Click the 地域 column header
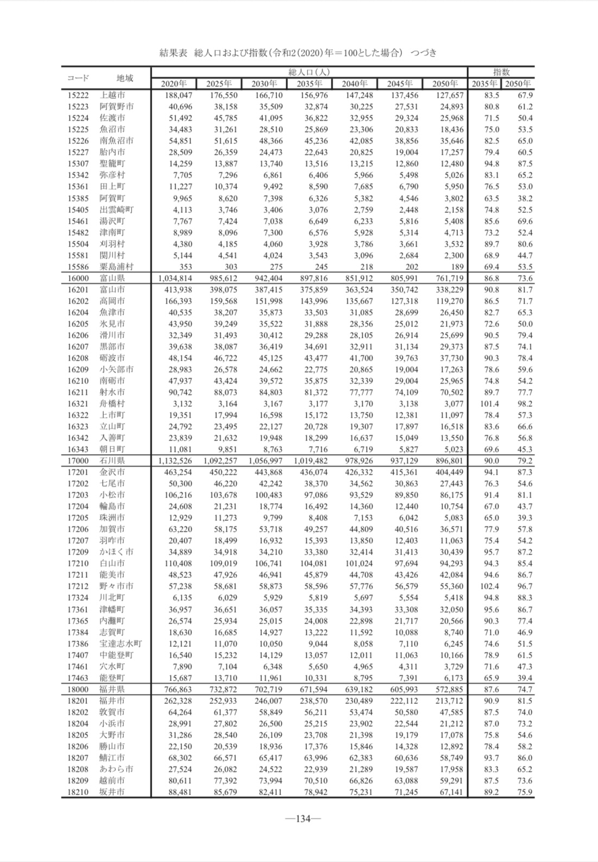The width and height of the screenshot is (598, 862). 124,78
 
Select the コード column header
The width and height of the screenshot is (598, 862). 78,78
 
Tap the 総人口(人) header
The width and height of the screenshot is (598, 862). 309,72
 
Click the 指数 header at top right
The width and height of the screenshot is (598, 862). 501,72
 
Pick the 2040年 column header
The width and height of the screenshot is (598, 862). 355,84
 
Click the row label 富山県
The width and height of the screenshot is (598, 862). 112,278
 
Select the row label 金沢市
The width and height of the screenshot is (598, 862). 112,472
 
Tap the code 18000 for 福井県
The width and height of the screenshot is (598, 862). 78,689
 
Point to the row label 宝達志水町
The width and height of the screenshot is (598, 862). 121,644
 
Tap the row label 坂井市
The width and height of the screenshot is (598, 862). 112,792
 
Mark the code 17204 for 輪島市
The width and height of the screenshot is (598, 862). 78,506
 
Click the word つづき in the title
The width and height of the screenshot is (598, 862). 424,53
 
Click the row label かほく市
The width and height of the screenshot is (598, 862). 116,552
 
